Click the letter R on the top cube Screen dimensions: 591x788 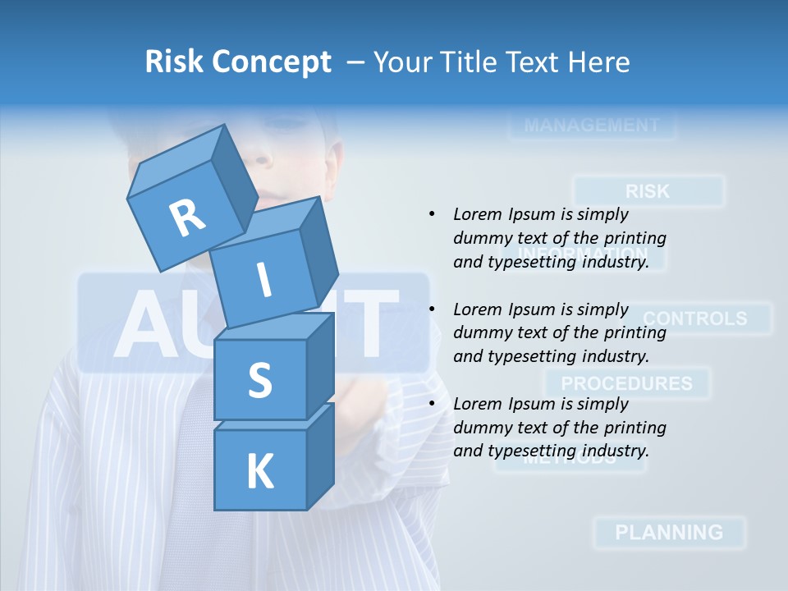coord(188,218)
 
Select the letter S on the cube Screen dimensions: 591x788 coord(259,381)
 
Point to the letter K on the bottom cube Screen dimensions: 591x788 coord(259,472)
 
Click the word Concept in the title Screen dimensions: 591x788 coord(273,62)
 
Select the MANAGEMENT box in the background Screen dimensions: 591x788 coord(591,126)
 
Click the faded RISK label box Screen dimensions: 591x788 coord(648,191)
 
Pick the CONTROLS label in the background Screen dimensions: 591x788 coord(695,318)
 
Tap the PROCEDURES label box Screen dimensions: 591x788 coord(627,383)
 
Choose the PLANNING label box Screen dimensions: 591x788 coord(669,532)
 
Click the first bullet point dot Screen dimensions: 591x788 coord(432,214)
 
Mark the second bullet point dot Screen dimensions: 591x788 coord(432,309)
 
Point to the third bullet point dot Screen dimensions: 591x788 coord(432,404)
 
